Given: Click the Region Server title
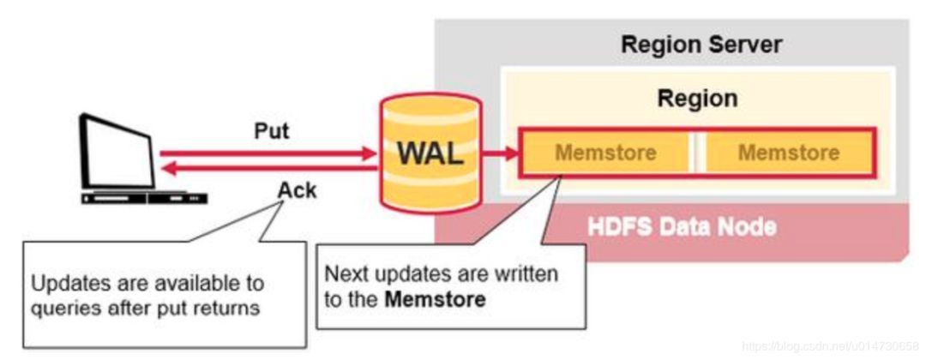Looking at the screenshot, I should [x=701, y=45].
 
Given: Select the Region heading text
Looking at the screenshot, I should [x=697, y=99].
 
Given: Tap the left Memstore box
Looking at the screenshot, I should [x=605, y=153].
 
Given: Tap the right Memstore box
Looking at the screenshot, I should [x=788, y=153].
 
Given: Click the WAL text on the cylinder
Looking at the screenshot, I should [x=430, y=155].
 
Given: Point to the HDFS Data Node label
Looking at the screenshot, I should [x=682, y=227].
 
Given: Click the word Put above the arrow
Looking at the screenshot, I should [x=272, y=131].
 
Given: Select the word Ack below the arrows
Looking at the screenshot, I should [x=297, y=190].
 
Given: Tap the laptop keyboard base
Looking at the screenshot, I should [x=143, y=197].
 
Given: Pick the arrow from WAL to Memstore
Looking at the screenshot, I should [x=499, y=154].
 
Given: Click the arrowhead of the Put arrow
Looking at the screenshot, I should [x=371, y=154].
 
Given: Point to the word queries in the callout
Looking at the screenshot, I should [x=64, y=306].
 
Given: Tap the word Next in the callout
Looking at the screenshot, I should [x=344, y=275].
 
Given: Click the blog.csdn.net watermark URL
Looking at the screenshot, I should [x=827, y=345].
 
